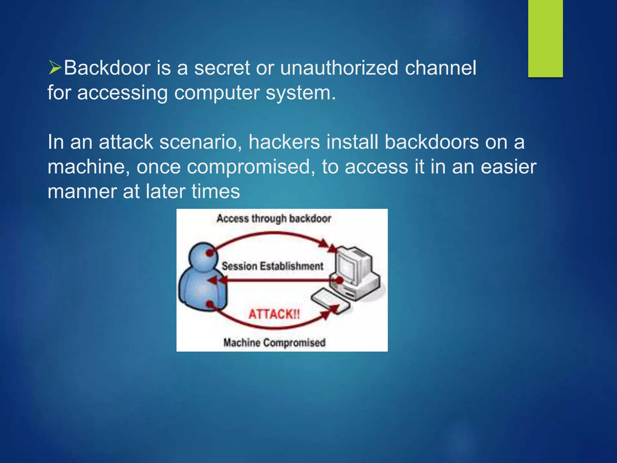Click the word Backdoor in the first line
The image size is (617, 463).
(107, 68)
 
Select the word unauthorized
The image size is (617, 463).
(339, 68)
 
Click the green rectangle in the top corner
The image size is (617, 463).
(545, 38)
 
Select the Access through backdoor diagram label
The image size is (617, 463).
(274, 219)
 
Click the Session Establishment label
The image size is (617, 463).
(272, 266)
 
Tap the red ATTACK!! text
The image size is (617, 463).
(274, 314)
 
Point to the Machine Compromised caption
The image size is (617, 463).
(274, 343)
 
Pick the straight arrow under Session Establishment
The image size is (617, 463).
(274, 281)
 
